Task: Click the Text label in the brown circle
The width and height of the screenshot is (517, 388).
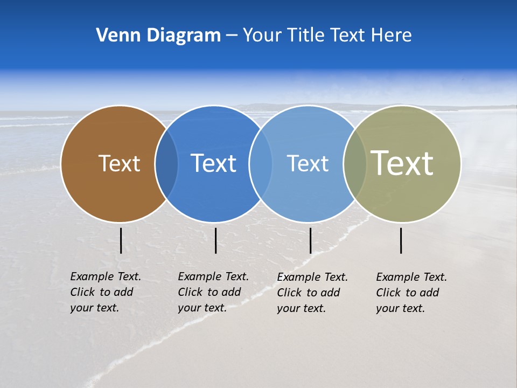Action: (119, 163)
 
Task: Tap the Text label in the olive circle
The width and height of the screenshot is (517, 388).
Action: (402, 163)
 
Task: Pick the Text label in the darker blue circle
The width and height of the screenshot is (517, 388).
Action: (213, 163)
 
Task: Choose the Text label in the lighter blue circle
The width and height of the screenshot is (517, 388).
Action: (308, 163)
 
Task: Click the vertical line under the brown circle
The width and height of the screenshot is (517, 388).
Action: (121, 240)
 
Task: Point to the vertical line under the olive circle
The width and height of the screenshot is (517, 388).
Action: (401, 240)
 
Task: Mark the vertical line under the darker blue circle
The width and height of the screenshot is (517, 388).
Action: (216, 240)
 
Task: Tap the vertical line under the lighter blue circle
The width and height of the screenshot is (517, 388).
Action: (311, 240)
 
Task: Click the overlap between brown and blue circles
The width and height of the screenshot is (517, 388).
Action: (166, 164)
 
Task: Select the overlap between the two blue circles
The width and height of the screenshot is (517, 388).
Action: (261, 164)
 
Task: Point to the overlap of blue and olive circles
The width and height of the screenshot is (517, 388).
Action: (354, 164)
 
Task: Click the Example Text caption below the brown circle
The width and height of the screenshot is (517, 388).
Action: (105, 292)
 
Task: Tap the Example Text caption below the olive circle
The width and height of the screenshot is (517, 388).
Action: (411, 293)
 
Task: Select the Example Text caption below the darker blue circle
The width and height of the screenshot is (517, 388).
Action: (213, 292)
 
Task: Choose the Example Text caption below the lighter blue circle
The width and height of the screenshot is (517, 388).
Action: (312, 293)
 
